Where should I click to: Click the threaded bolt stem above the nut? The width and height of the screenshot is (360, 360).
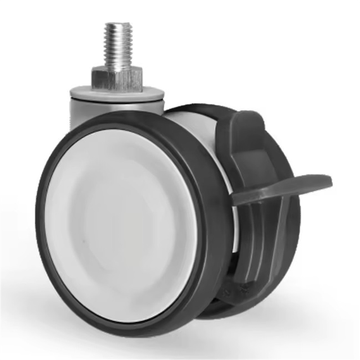click(x=118, y=45)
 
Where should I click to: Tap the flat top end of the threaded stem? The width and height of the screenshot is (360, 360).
click(x=117, y=25)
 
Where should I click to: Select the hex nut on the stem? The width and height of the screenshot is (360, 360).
click(x=118, y=78)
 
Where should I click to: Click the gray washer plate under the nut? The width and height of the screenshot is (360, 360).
click(x=117, y=94)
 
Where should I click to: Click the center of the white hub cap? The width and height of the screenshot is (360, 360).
click(x=121, y=225)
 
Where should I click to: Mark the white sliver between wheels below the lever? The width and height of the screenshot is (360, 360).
click(x=235, y=225)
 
